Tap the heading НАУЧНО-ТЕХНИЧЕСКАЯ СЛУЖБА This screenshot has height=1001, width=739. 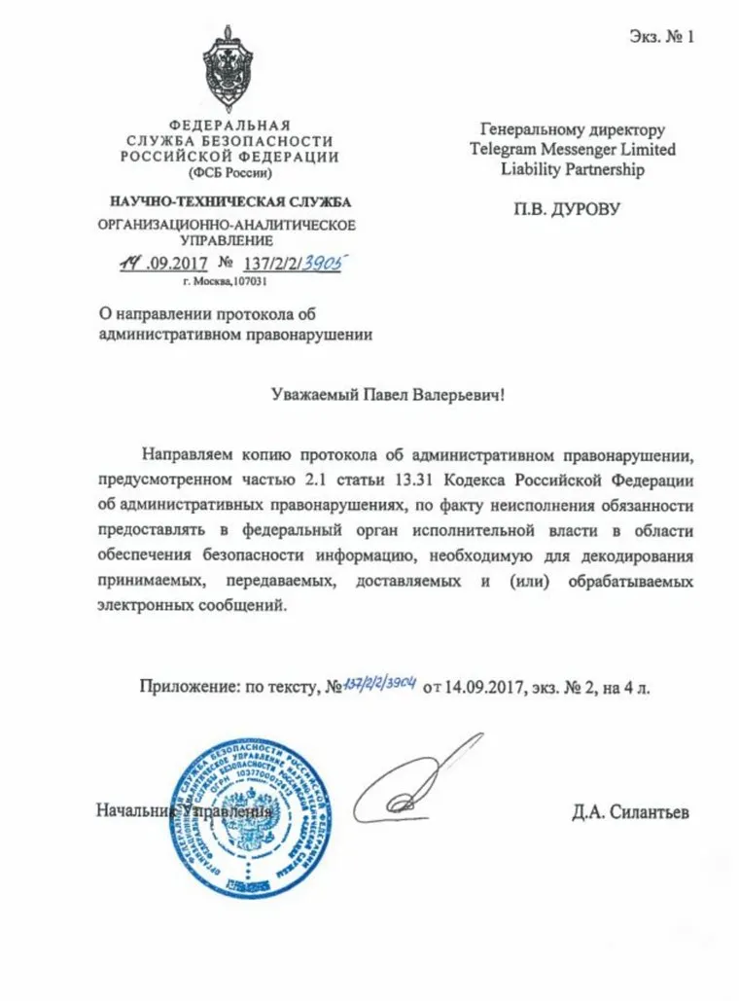(x=229, y=202)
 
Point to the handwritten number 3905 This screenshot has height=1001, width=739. (x=322, y=263)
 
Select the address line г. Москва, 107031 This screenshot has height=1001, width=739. (x=225, y=281)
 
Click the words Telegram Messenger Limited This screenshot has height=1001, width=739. (x=572, y=150)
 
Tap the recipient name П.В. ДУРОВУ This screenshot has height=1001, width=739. (x=567, y=207)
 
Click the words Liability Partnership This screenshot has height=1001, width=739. (x=572, y=169)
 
